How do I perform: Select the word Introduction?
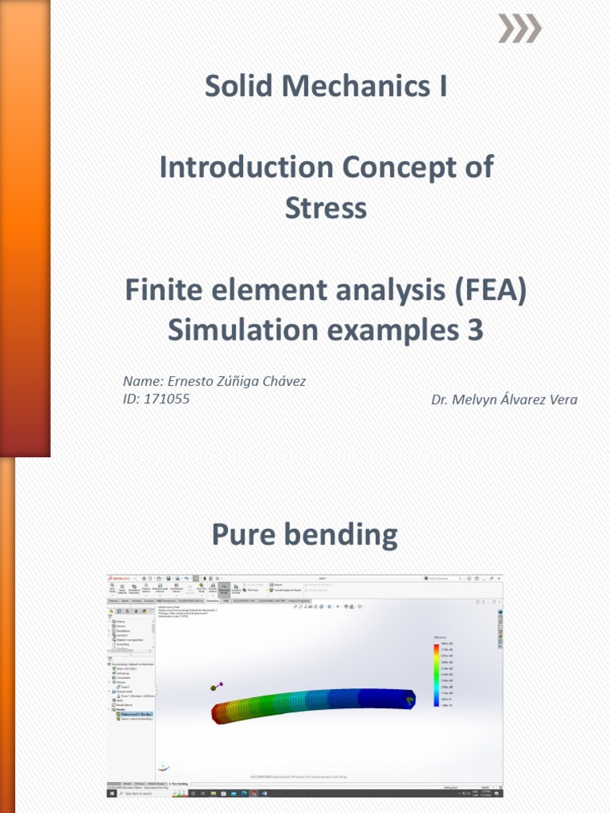click(246, 168)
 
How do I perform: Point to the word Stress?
click(326, 208)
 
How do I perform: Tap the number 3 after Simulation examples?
click(475, 330)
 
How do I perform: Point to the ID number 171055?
click(167, 399)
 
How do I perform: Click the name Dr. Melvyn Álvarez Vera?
click(504, 399)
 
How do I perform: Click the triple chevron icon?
click(519, 29)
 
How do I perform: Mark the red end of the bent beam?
click(222, 712)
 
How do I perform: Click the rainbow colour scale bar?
click(435, 674)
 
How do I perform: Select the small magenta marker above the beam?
click(221, 684)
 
